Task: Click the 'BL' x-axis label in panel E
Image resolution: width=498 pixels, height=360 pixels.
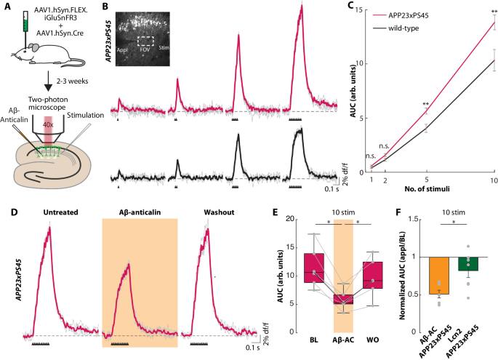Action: [313, 339]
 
